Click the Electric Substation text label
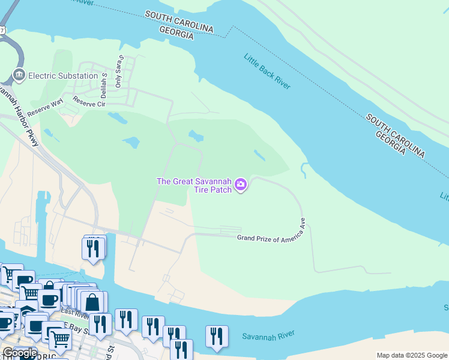point(63,76)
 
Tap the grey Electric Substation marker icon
point(19,76)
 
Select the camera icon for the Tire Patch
point(241,184)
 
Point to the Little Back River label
point(267,71)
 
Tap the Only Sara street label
point(119,71)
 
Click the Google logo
point(19,353)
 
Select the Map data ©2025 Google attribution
point(412,355)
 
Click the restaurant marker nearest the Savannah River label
point(217,337)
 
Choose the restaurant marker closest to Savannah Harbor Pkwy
point(93,247)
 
